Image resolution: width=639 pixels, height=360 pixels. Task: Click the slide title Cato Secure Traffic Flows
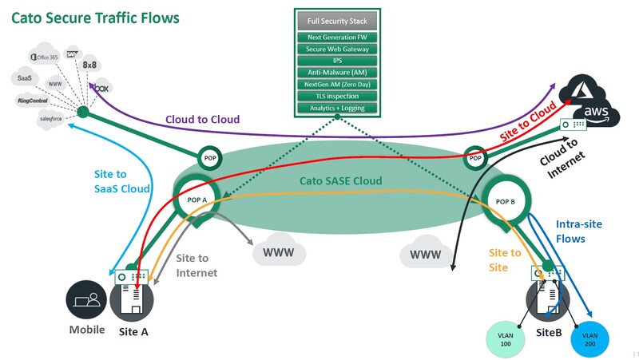[94, 17]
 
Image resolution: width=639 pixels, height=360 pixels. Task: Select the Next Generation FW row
[338, 38]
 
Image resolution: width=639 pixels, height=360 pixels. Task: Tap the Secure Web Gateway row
[338, 49]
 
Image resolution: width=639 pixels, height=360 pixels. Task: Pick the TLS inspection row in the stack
[338, 96]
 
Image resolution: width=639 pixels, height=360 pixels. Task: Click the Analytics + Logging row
[338, 108]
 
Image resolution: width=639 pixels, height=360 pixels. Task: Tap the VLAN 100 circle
[506, 335]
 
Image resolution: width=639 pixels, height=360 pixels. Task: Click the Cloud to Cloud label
[203, 120]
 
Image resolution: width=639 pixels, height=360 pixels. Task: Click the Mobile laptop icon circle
[85, 301]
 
